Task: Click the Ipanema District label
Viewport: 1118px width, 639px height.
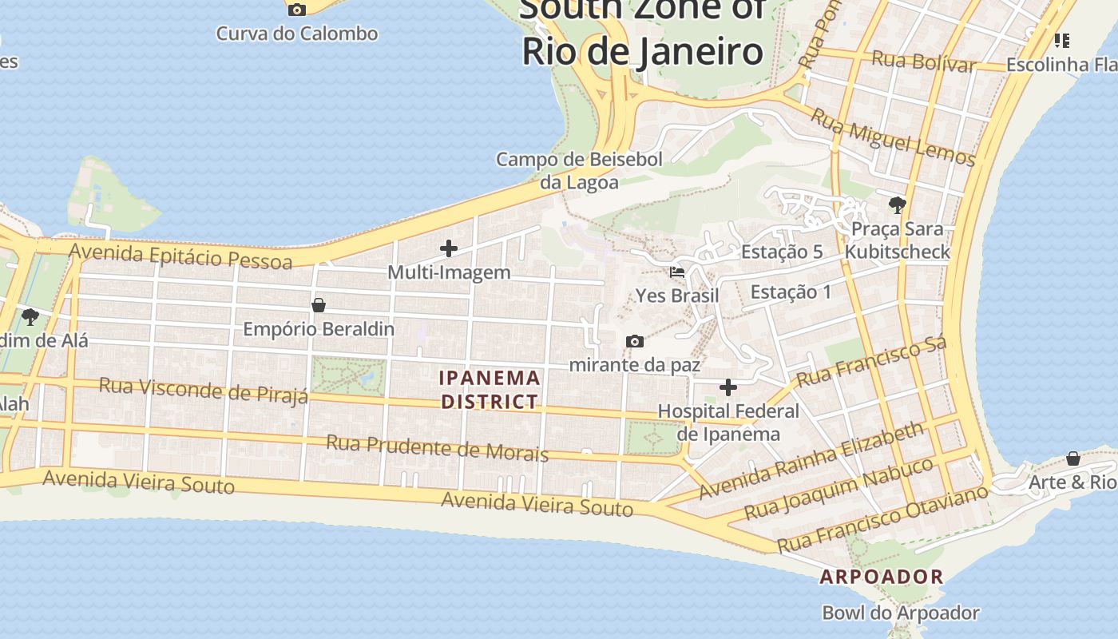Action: pos(490,389)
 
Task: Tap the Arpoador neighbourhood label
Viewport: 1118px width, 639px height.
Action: pos(882,576)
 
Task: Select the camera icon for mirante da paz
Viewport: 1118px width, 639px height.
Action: pos(635,342)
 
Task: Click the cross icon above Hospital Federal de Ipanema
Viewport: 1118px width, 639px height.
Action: pos(728,388)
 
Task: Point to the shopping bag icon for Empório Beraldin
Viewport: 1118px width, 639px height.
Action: pos(319,305)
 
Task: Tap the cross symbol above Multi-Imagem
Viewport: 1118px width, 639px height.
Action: pos(449,248)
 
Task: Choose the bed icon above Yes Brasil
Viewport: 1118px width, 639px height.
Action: pos(677,272)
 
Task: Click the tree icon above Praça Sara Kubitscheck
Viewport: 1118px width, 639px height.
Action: pos(897,205)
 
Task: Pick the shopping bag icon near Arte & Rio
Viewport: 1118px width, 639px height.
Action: pos(1073,458)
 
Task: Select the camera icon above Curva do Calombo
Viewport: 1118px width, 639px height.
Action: pos(297,10)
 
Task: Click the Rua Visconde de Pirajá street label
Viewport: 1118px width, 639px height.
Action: pos(203,391)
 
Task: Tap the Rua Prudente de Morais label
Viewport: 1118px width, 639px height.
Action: pos(437,448)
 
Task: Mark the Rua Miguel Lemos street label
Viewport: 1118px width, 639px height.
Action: pos(893,137)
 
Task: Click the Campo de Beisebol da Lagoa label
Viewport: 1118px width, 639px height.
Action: pos(579,170)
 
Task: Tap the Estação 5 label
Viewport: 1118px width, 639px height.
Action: pos(781,252)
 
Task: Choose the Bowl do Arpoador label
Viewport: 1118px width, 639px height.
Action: pos(900,613)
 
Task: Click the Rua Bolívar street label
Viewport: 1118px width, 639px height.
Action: pos(924,62)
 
